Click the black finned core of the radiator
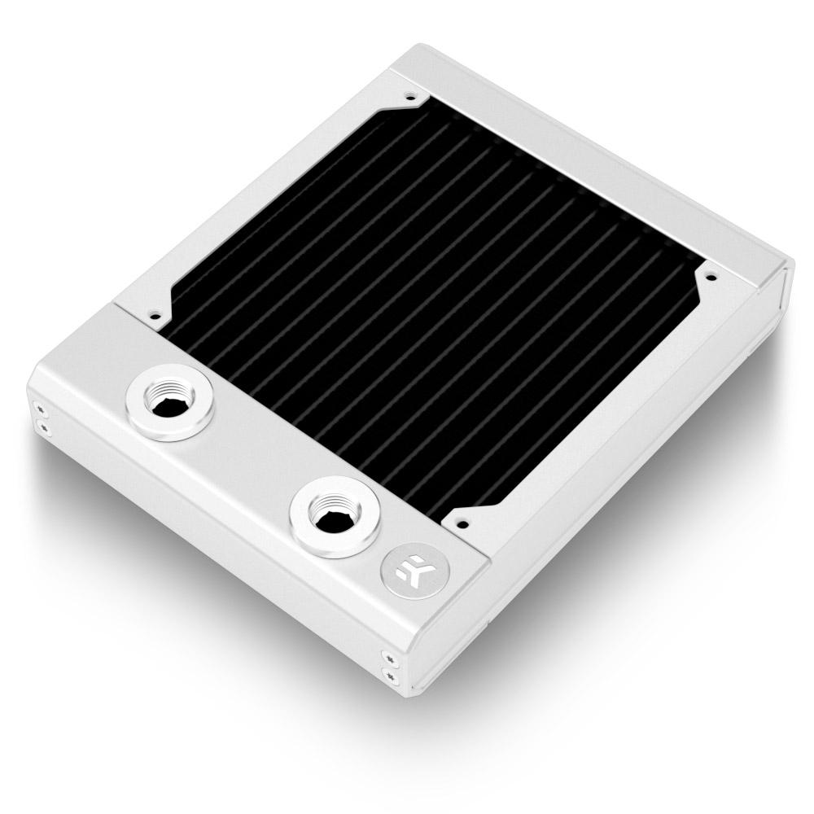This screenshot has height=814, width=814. coord(431,309)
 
